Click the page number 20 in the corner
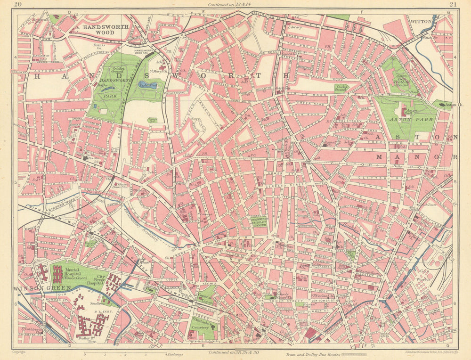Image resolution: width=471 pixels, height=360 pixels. tap(18, 6)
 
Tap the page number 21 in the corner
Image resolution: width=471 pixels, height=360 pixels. tap(453, 6)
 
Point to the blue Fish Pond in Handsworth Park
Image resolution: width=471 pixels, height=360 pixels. tap(148, 85)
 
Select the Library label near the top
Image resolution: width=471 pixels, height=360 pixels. tap(294, 27)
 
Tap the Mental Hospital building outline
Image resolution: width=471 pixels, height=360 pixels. tap(57, 274)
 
